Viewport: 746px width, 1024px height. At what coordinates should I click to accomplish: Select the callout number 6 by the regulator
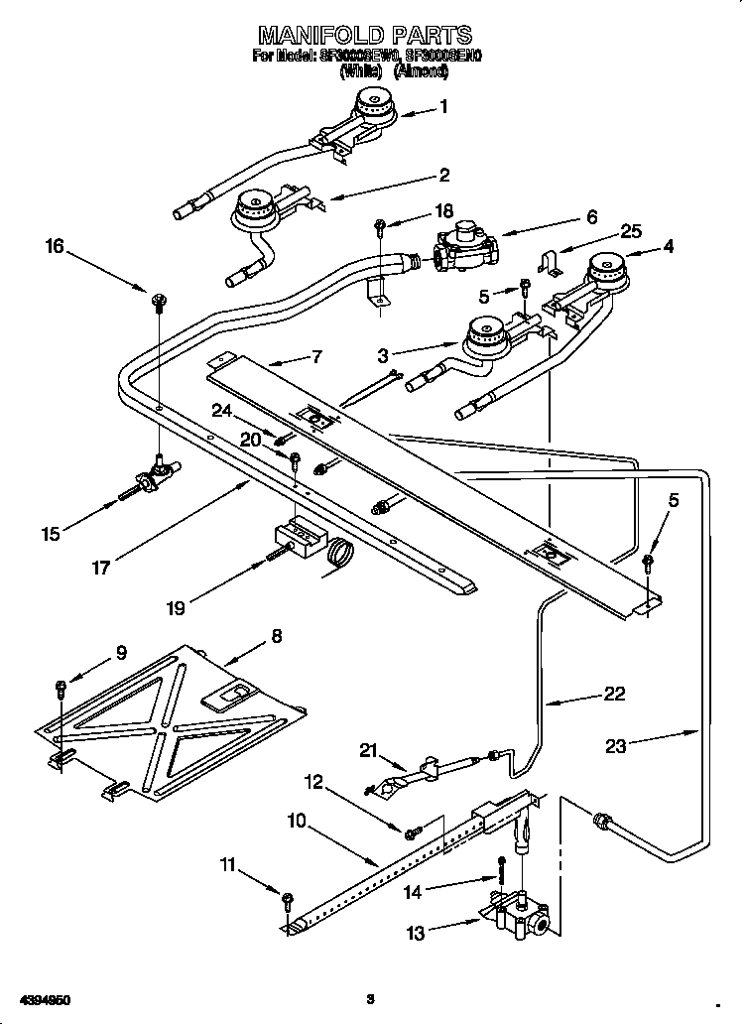click(592, 216)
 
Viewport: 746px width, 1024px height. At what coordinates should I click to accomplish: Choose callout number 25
click(631, 231)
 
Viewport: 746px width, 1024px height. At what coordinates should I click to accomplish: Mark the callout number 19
click(175, 607)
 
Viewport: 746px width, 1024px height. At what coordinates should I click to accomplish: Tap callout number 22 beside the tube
click(614, 694)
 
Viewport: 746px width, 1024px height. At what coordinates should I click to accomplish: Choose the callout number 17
click(101, 568)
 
